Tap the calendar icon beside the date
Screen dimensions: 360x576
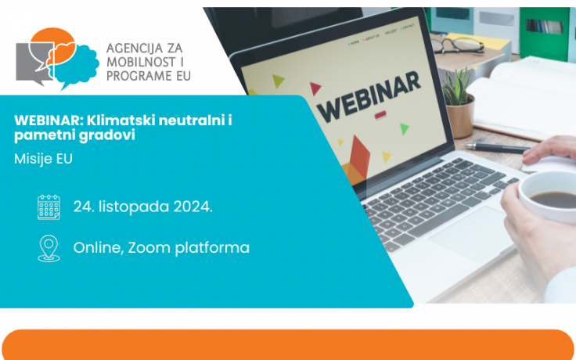click(x=49, y=207)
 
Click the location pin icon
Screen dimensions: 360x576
click(x=49, y=248)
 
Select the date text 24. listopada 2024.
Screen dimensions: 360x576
click(x=143, y=207)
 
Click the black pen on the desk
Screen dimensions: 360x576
click(x=498, y=148)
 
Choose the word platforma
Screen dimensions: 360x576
click(x=213, y=248)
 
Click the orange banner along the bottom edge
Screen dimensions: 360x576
click(x=288, y=345)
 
